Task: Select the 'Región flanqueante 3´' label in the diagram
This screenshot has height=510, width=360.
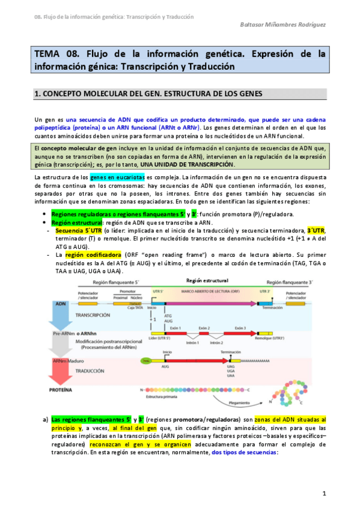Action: (x=291, y=281)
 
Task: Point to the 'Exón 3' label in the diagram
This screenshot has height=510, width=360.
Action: (x=240, y=328)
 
